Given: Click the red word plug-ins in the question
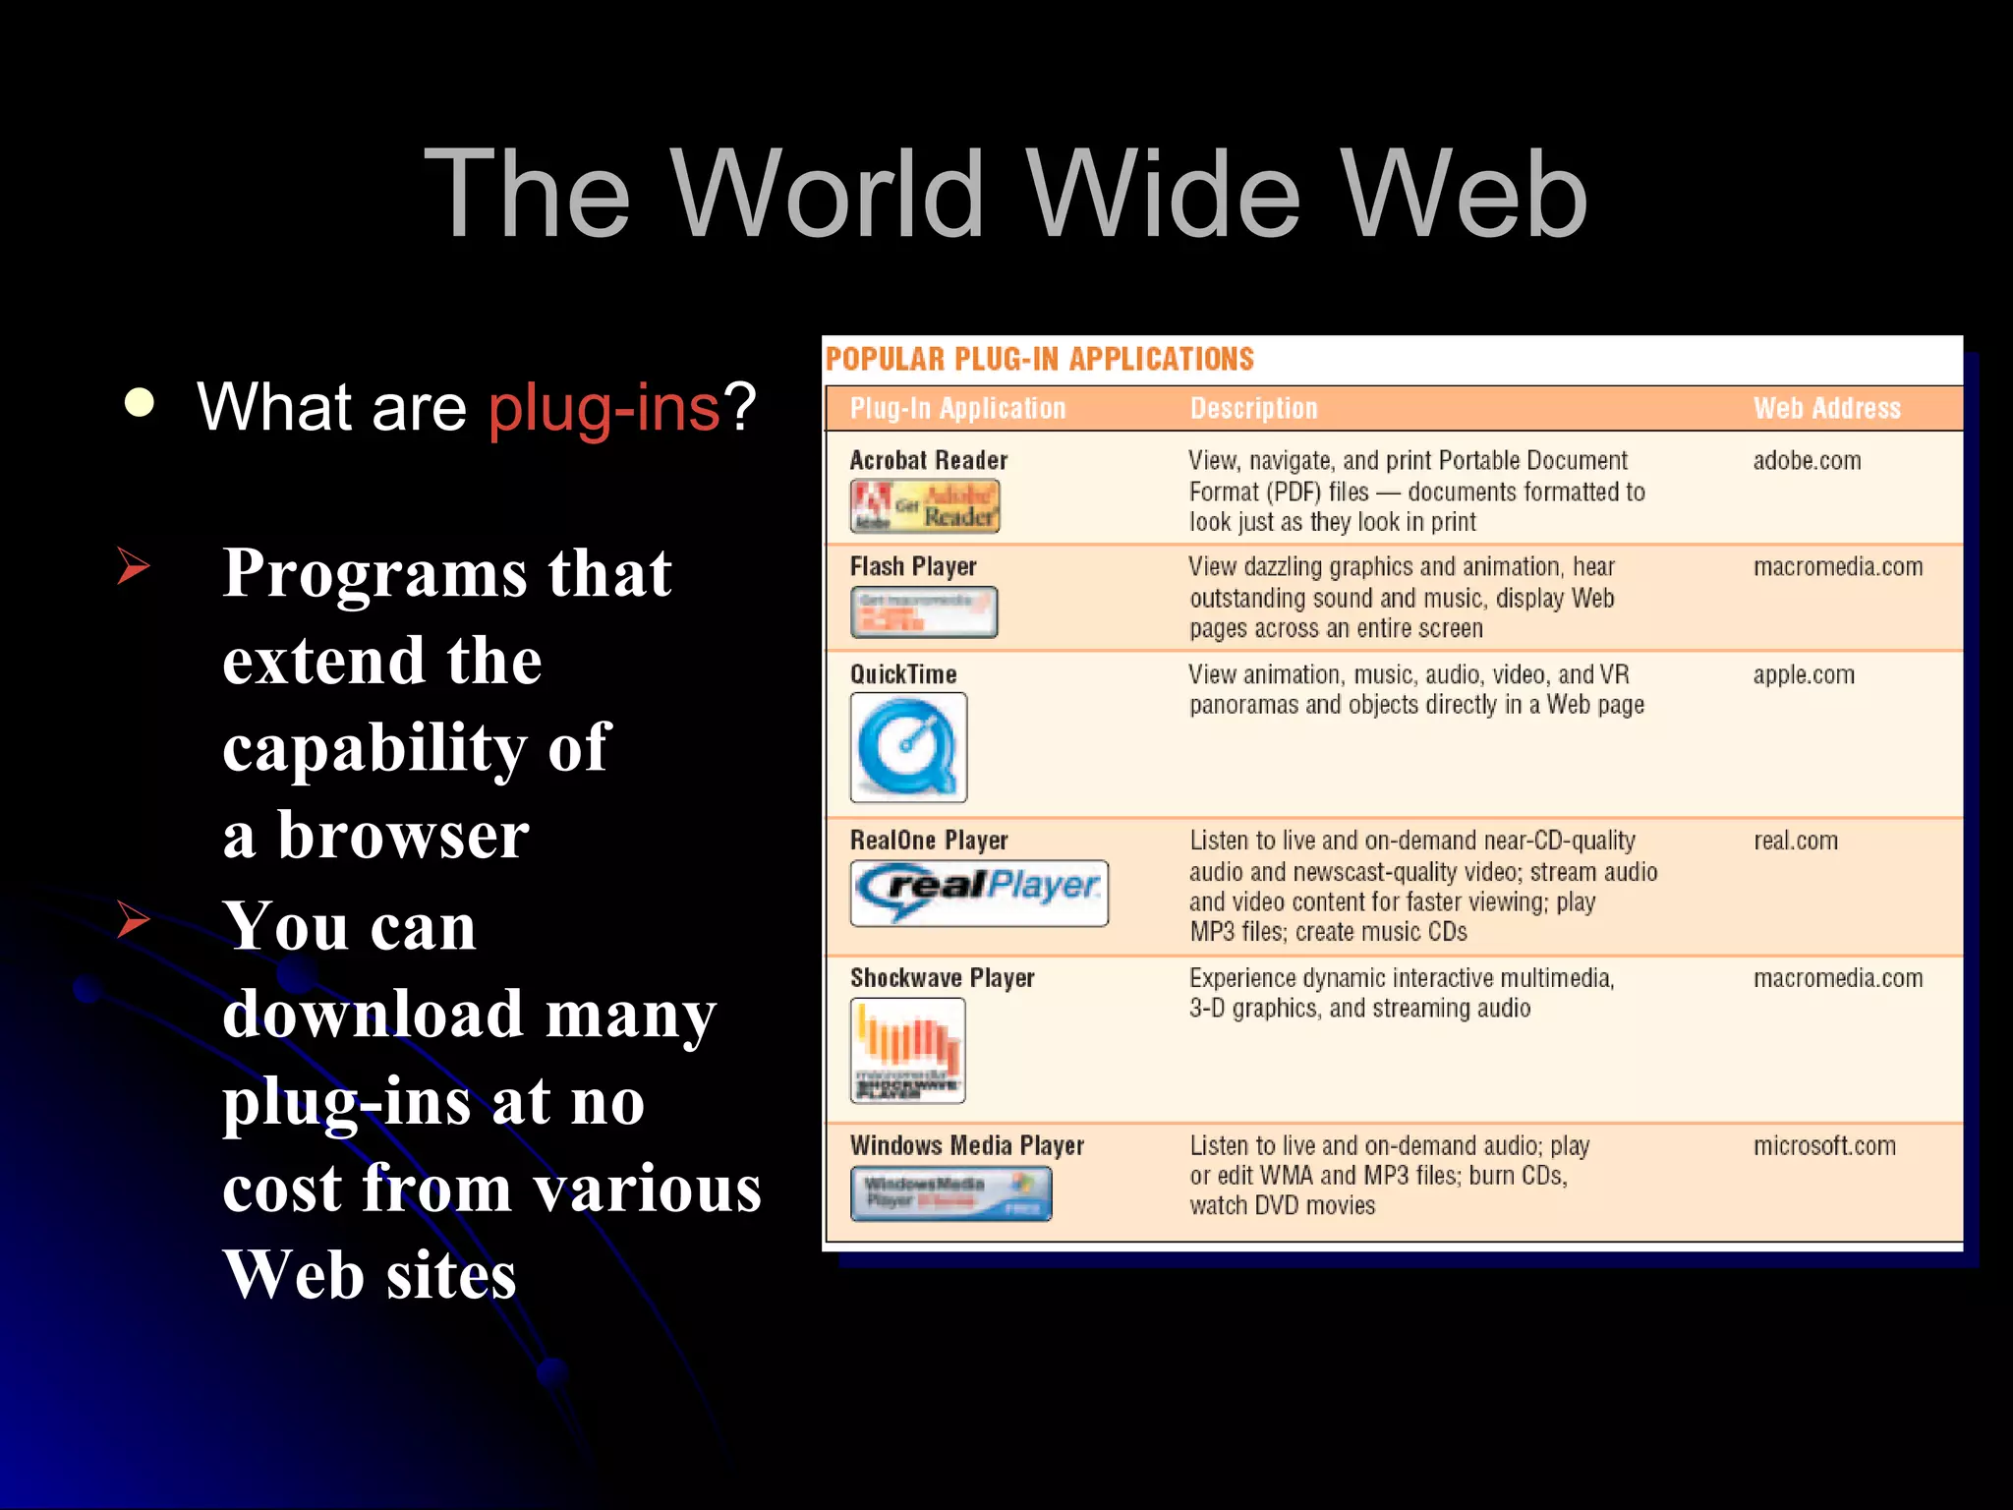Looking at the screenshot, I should (x=604, y=407).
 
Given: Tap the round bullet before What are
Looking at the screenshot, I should (x=140, y=403).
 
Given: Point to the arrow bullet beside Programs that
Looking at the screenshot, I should (x=133, y=566).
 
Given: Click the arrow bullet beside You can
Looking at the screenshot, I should (x=133, y=920).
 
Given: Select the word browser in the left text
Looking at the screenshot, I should (x=403, y=836).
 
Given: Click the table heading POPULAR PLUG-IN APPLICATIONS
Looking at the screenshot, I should (x=1039, y=359).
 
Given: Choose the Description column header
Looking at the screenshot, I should (x=1253, y=408).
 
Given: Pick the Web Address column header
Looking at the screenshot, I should (x=1826, y=408).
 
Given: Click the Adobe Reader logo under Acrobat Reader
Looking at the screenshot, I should (x=924, y=506).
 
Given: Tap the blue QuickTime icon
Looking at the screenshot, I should (x=908, y=747).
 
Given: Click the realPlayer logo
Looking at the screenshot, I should (x=979, y=893).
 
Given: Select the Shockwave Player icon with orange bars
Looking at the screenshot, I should (x=907, y=1050).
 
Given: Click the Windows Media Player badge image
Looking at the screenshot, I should (x=950, y=1193).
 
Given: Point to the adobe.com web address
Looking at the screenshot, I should (x=1807, y=460).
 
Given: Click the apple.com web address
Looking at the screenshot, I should (x=1804, y=674).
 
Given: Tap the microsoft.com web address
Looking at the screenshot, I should (x=1824, y=1145).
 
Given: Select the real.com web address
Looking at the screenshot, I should (x=1796, y=841).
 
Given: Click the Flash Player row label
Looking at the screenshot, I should (x=913, y=566).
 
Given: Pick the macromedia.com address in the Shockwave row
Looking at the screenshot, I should (x=1838, y=978).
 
